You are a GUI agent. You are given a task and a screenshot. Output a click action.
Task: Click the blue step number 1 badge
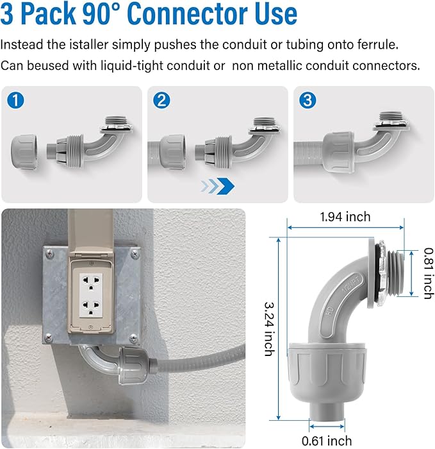tap(15, 100)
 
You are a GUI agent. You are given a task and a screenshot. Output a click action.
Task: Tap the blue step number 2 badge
tap(162, 100)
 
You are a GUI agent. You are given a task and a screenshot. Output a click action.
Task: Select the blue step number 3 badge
tap(308, 100)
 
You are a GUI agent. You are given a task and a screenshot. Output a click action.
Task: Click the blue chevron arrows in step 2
tap(217, 186)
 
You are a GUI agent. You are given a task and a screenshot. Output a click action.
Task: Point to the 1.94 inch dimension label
tap(345, 217)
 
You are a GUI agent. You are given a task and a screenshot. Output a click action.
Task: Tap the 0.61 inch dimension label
tap(327, 440)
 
